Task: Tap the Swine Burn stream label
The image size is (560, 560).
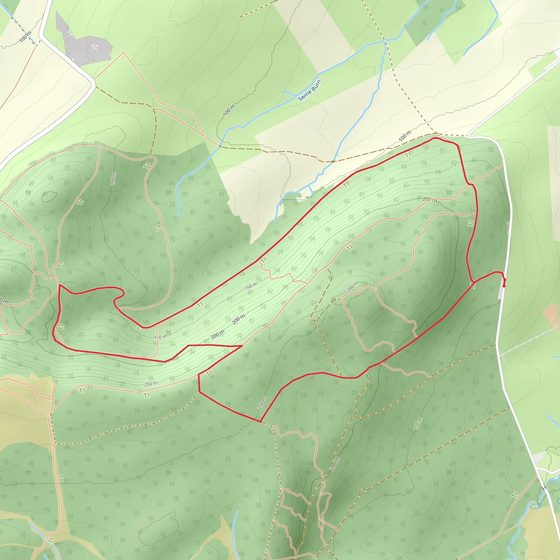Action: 310,91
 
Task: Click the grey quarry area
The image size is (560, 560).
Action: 87,49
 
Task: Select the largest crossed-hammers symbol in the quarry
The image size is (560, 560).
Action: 95,48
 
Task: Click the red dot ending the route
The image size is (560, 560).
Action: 504,286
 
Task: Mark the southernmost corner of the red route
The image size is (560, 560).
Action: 261,422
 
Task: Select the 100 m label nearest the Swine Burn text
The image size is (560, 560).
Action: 229,110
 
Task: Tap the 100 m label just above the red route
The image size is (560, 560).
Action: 405,136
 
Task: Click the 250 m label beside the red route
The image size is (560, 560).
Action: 262,403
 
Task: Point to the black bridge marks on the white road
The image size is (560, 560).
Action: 544,488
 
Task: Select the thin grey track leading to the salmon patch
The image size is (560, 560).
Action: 527,341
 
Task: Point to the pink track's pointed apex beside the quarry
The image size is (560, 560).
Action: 124,52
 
